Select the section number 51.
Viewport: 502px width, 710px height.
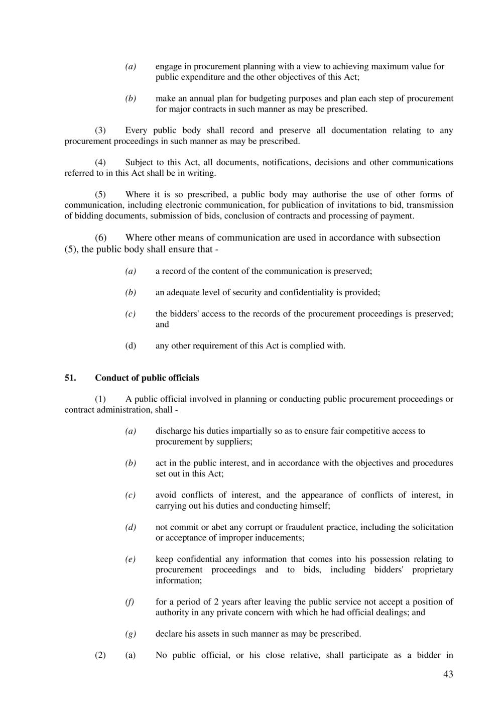[x=70, y=378]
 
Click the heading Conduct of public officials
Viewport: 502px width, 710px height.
[x=147, y=378]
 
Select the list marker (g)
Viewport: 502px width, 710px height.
[x=131, y=634]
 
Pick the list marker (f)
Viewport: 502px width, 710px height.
[x=130, y=602]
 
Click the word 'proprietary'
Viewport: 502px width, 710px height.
[x=433, y=569]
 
